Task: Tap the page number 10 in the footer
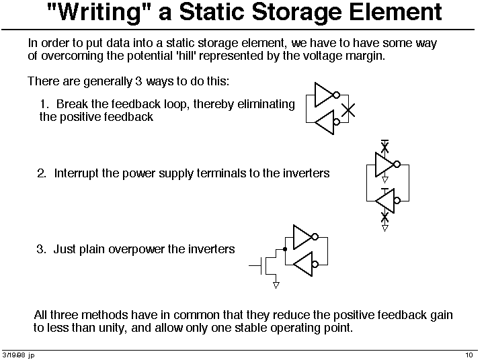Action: point(469,355)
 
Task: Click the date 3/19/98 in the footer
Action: point(13,355)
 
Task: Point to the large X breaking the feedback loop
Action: point(348,109)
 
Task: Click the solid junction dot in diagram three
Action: point(285,249)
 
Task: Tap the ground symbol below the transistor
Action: point(276,285)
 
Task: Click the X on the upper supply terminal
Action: point(385,146)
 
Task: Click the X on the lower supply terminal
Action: point(385,217)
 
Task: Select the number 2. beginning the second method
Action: point(42,173)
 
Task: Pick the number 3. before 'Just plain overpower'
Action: point(41,249)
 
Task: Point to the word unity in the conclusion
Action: point(112,328)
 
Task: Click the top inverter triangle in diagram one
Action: point(324,95)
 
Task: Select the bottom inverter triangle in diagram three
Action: point(303,264)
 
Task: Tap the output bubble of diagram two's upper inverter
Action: point(397,164)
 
